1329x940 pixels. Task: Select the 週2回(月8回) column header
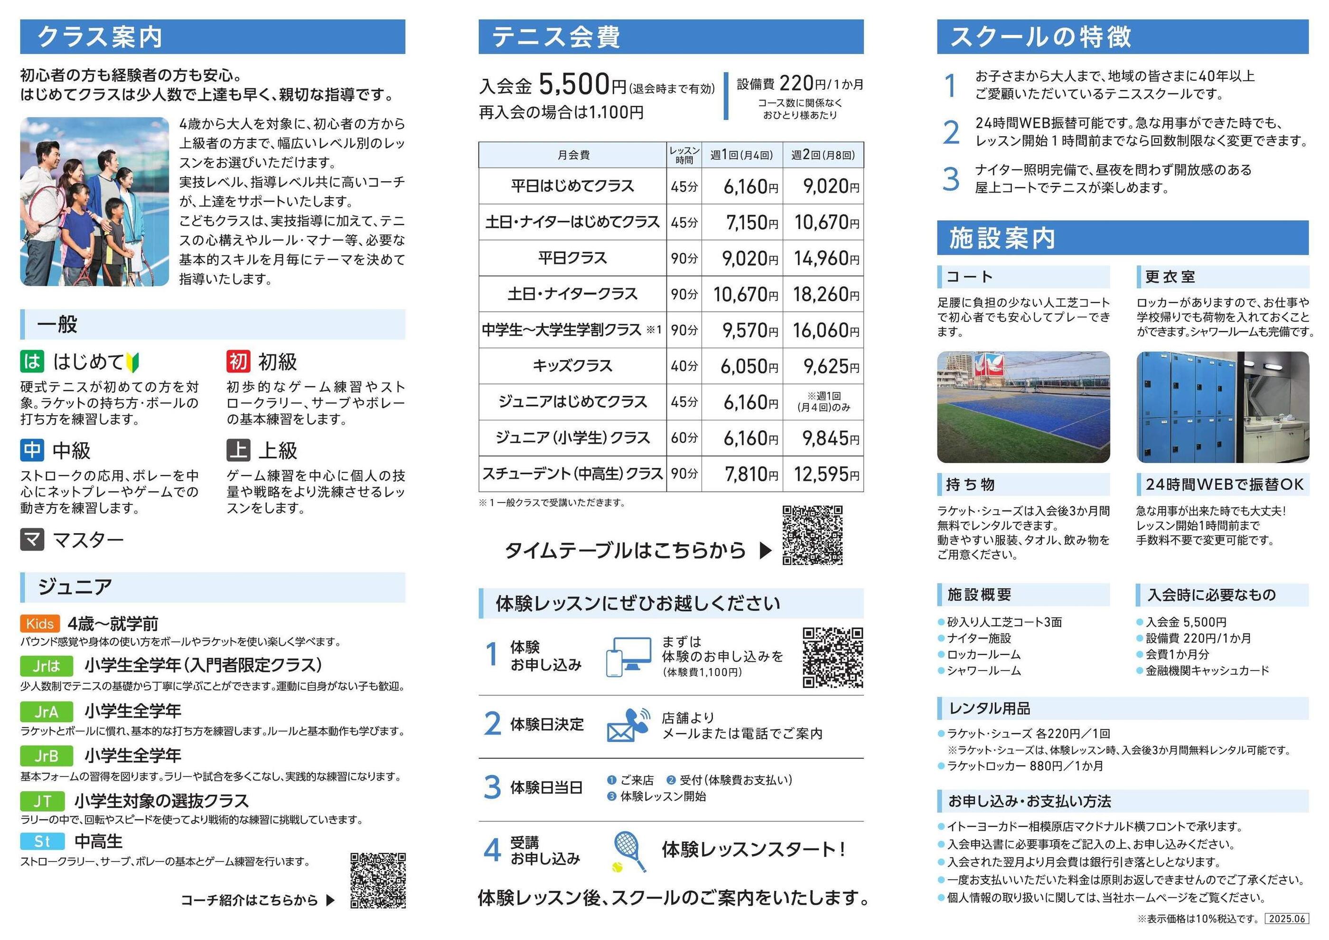tap(823, 155)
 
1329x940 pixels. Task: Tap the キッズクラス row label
tap(572, 366)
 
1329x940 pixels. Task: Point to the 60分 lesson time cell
tap(683, 438)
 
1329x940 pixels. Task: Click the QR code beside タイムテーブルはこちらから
tap(812, 535)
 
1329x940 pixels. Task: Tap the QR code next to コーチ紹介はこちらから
tap(377, 880)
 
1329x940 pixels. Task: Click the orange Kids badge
tap(40, 624)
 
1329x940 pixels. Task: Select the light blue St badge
tap(42, 841)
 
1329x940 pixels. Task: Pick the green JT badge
tap(42, 801)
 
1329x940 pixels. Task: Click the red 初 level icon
tap(238, 361)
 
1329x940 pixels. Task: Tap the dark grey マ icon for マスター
tap(32, 540)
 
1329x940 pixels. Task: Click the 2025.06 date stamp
tap(1287, 919)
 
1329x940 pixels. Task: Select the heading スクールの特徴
tap(1040, 37)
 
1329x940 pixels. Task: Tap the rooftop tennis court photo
tap(1023, 407)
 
